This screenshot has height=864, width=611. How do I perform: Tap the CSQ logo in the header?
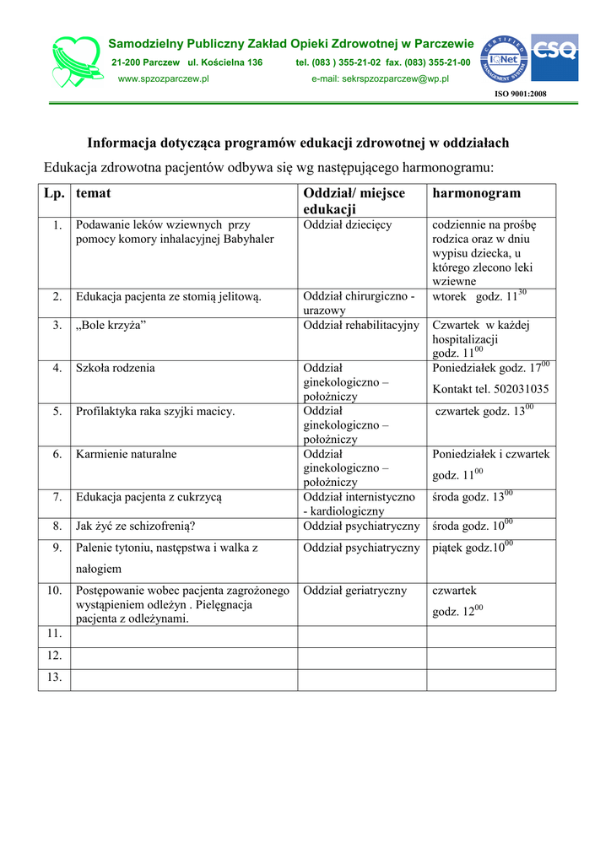[x=554, y=57]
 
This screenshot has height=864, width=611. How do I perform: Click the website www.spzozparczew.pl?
[x=164, y=78]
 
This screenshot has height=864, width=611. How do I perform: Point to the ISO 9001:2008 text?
[x=520, y=94]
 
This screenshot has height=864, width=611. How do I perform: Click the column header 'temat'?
[x=94, y=193]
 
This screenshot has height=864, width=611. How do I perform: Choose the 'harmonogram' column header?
[x=476, y=193]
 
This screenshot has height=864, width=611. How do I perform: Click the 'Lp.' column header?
[x=54, y=193]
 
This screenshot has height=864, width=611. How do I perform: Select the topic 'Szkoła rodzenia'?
[x=116, y=368]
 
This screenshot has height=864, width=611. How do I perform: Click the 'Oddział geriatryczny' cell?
[x=355, y=591]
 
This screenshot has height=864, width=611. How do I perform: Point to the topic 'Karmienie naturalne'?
[x=127, y=454]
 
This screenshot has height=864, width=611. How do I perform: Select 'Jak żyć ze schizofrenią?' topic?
[x=136, y=526]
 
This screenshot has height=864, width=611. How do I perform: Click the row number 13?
[x=55, y=678]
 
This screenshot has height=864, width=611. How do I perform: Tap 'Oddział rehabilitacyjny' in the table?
[x=361, y=325]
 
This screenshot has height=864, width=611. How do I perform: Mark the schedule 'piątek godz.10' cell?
[x=472, y=548]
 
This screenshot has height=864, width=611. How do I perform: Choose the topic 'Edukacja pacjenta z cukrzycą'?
[x=149, y=497]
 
